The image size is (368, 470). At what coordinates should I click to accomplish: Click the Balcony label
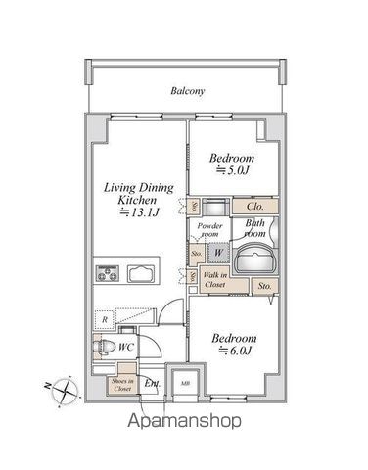pos(187,91)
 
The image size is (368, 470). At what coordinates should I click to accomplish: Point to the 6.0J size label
pos(235,350)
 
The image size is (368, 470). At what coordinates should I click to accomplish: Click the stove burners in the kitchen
pos(106,273)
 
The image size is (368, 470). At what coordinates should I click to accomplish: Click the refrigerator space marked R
pos(103,319)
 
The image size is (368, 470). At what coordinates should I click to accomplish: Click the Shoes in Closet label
pos(122,384)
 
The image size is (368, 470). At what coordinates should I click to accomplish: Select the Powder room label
pos(210,231)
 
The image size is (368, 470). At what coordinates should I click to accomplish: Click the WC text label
pos(126,347)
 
